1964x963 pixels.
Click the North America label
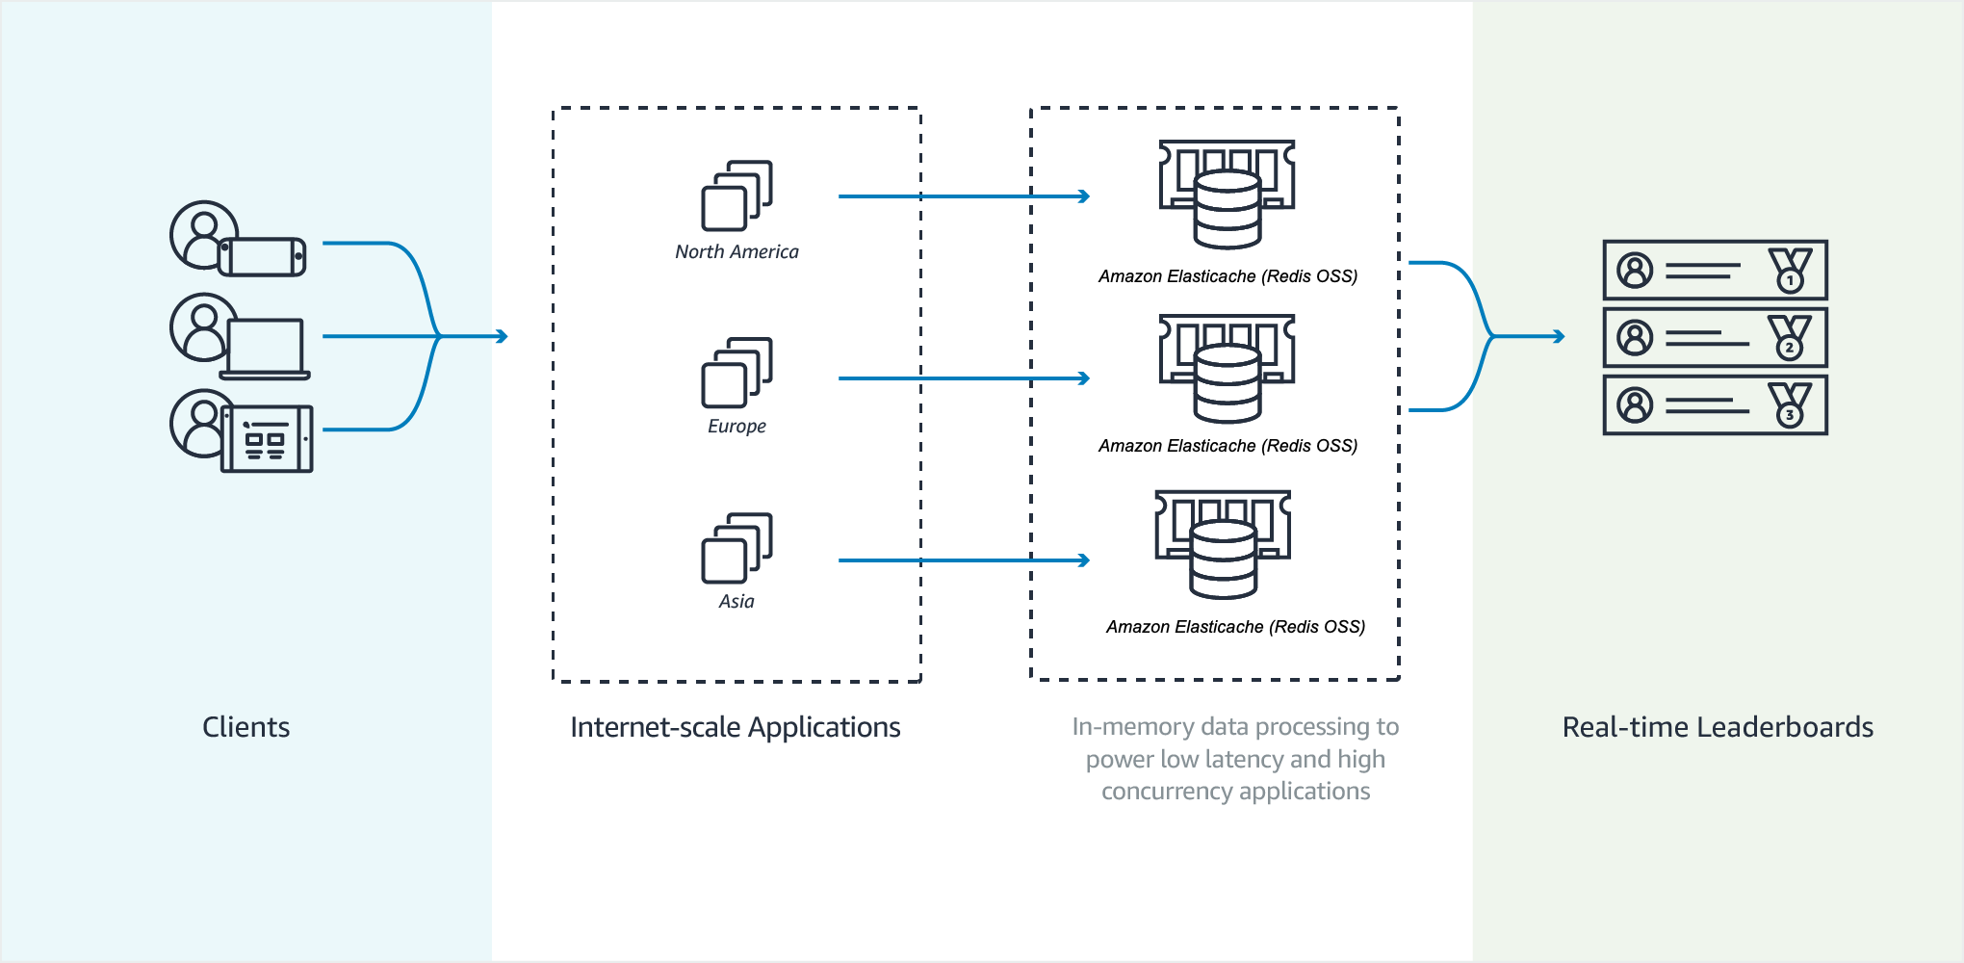point(736,251)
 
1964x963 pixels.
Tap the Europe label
point(736,426)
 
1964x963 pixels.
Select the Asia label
point(736,601)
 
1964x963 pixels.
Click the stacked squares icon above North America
point(736,195)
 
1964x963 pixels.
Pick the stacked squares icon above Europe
point(736,372)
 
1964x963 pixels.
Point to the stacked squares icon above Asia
point(736,547)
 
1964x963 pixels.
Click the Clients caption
point(245,727)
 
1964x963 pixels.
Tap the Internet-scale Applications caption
point(735,727)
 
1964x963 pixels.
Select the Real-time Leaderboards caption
point(1718,727)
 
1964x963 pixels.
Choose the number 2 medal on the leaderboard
point(1790,338)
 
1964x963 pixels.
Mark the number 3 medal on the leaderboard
point(1790,405)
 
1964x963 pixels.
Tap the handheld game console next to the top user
point(262,257)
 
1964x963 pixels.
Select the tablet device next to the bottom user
point(267,439)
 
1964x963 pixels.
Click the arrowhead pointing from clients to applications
point(502,336)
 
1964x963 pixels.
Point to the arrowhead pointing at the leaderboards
point(1559,336)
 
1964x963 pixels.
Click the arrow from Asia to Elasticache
point(963,560)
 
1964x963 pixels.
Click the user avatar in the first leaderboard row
point(1635,271)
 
